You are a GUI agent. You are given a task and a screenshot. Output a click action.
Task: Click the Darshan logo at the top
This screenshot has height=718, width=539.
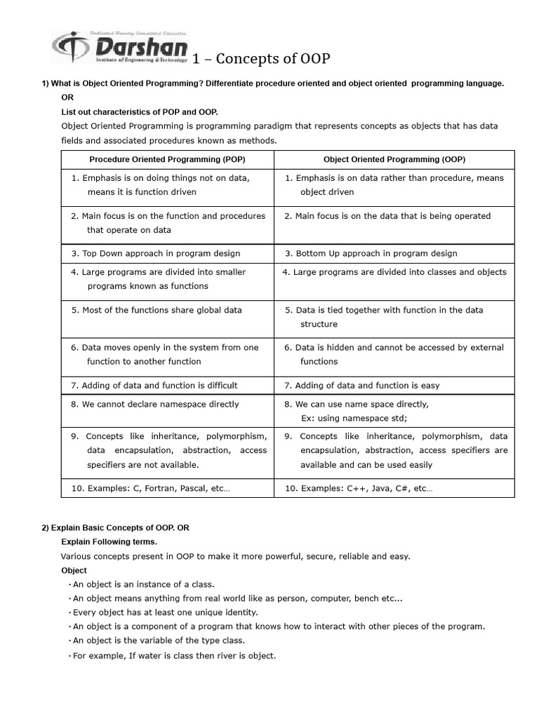pos(120,48)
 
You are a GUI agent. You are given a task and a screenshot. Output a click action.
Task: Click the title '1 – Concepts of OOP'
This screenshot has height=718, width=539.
pos(251,57)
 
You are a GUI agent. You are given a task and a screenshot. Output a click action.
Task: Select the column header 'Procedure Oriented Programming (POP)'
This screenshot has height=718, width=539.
pos(166,159)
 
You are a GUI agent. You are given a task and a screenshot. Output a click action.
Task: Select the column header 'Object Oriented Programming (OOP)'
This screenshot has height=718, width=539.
pos(394,159)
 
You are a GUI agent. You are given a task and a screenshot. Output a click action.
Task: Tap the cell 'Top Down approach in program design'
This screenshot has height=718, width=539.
pos(156,253)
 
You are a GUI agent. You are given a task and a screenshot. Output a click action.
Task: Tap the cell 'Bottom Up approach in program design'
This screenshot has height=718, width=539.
pos(371,253)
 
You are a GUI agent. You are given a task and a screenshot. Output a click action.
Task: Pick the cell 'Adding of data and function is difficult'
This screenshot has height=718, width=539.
pos(154,385)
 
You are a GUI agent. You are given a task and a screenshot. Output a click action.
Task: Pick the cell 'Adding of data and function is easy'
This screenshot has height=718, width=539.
pos(362,385)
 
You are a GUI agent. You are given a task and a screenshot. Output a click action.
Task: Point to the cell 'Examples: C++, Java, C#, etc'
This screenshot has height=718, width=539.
pos(359,488)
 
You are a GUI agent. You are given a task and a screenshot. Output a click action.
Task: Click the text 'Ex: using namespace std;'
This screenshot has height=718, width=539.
pos(354,418)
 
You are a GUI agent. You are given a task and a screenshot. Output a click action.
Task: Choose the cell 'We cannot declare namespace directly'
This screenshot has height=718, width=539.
pos(155,404)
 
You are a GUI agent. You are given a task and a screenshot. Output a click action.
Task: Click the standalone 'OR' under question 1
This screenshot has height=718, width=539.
pos(67,97)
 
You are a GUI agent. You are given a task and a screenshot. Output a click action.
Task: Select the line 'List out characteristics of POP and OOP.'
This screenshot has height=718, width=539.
pos(140,111)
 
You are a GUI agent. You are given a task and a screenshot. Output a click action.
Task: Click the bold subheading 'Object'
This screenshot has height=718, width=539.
pos(74,570)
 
